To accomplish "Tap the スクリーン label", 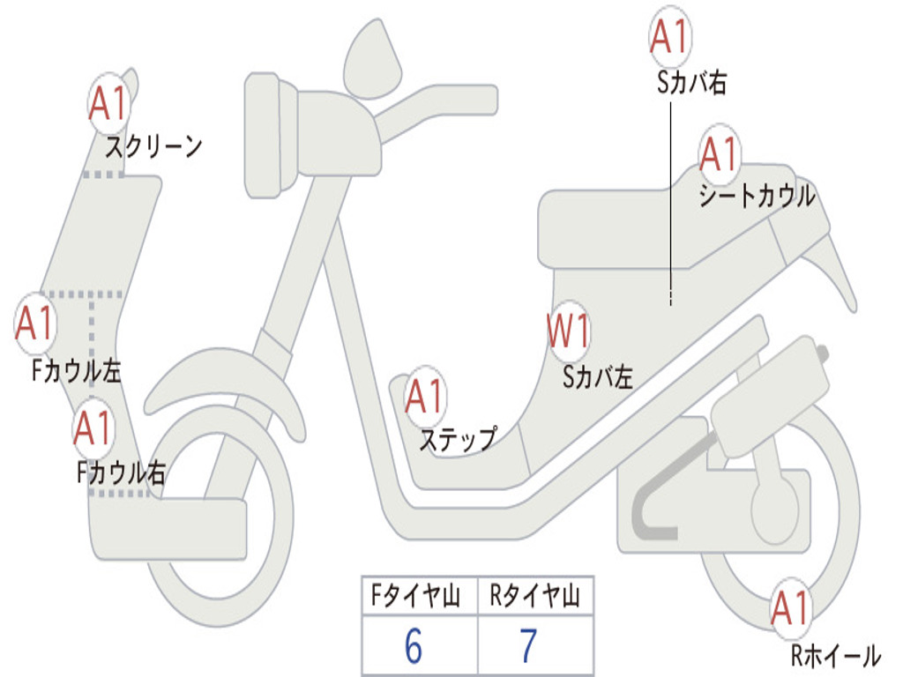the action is (154, 145).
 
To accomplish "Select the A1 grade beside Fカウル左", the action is (35, 324).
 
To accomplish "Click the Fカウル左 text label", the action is (77, 371).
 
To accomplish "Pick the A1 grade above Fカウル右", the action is (93, 428).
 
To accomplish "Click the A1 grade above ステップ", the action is (425, 398).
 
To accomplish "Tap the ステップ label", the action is (457, 439).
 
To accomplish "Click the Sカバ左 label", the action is (599, 377).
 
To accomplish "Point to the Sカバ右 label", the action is (691, 83).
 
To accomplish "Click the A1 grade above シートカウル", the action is (719, 155).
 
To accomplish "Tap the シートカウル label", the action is (757, 196).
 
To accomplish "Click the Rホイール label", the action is (834, 655).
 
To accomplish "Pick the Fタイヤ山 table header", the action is (418, 597).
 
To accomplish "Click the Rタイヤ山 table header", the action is (535, 597).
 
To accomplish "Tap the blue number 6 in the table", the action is (414, 646).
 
